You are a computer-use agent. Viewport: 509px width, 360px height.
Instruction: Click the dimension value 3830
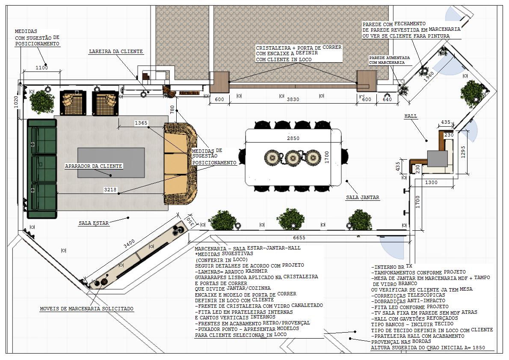click(293, 99)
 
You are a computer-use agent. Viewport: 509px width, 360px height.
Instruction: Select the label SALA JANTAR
click(362, 197)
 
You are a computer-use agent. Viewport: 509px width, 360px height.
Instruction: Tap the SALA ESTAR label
click(94, 223)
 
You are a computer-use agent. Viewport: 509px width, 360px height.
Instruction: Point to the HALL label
click(411, 116)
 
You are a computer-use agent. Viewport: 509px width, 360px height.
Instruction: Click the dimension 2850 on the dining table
click(293, 138)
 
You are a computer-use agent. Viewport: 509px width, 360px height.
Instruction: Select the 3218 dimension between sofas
click(110, 190)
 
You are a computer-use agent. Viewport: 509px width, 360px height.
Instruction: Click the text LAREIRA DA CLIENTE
click(116, 51)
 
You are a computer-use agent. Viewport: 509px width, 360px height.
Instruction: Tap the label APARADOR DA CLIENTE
click(94, 166)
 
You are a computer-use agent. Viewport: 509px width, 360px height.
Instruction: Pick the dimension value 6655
click(299, 238)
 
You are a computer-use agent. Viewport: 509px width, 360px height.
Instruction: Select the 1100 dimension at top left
click(41, 68)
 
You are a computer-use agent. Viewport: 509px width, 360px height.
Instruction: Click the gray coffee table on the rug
click(111, 163)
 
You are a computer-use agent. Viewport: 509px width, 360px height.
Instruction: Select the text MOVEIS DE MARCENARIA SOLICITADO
click(87, 309)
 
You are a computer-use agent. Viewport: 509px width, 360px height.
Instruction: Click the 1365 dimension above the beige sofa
click(141, 123)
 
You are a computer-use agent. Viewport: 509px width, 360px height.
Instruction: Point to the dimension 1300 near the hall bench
click(431, 182)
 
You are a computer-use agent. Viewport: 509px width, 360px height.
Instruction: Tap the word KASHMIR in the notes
click(257, 271)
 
